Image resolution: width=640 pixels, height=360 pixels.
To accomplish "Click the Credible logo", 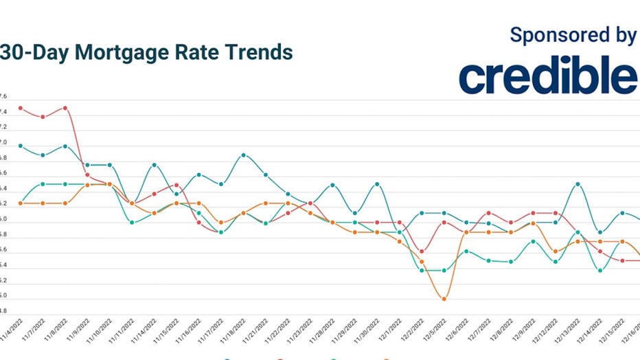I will click(x=548, y=76).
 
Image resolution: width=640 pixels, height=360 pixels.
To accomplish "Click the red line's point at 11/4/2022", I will click(x=21, y=108).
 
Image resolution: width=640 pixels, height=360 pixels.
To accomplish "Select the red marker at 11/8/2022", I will click(x=65, y=108).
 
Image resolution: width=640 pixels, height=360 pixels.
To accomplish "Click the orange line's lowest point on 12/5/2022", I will click(x=444, y=299).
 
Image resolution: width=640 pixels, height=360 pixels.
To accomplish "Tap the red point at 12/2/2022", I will click(x=422, y=251).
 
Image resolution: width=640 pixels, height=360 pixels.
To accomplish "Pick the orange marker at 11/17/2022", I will click(x=221, y=223).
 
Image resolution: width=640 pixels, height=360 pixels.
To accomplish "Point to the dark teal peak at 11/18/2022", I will click(x=243, y=155).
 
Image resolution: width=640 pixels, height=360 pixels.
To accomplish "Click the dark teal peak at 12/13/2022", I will click(x=578, y=184).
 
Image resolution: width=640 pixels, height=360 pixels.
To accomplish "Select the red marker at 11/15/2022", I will click(x=176, y=185).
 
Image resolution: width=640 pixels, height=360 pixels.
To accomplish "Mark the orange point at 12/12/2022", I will click(x=556, y=251).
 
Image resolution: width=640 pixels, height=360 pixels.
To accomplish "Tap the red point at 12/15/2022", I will click(x=622, y=260).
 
